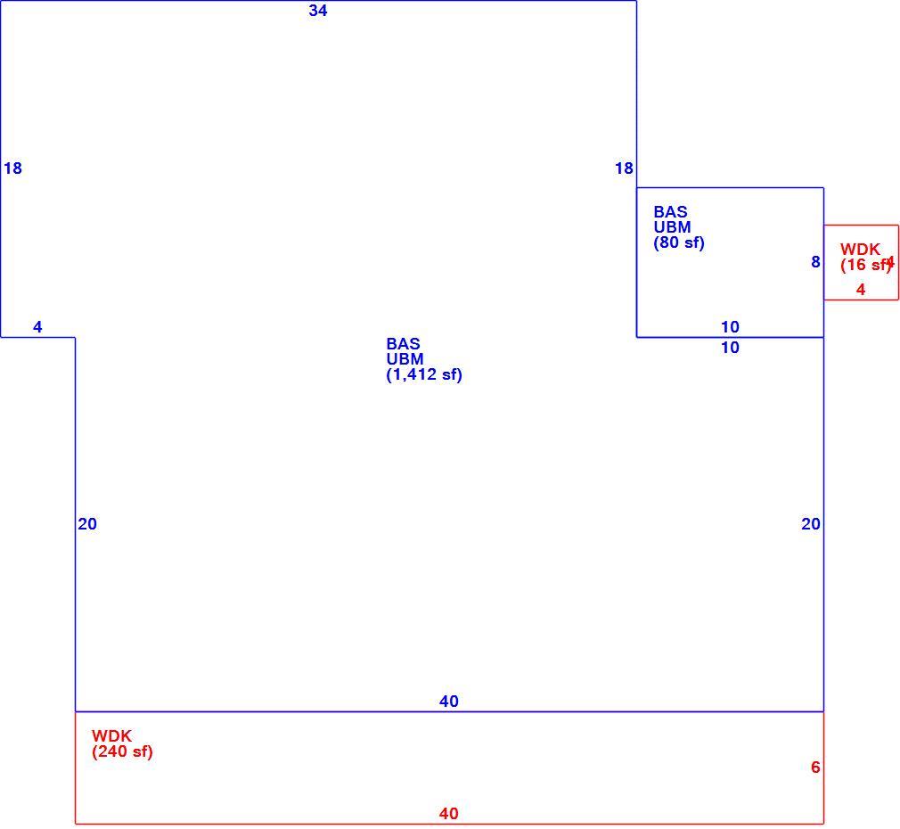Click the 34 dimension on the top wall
pyautogui.click(x=318, y=11)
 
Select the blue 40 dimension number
pyautogui.click(x=449, y=701)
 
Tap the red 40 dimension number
pyautogui.click(x=449, y=814)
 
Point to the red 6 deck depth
pyautogui.click(x=815, y=767)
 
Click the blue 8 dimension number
pyautogui.click(x=815, y=262)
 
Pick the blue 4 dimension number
pyautogui.click(x=38, y=326)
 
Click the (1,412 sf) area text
pyautogui.click(x=424, y=375)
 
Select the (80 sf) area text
pyautogui.click(x=679, y=242)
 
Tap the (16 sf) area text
pyautogui.click(x=865, y=265)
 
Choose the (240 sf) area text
pyautogui.click(x=122, y=751)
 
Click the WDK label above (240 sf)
pyautogui.click(x=112, y=736)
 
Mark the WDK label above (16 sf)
pyautogui.click(x=861, y=250)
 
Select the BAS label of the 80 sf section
pyautogui.click(x=670, y=212)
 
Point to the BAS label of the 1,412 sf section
pyautogui.click(x=403, y=344)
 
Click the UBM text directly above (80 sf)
pyautogui.click(x=672, y=227)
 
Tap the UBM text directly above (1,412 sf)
pyautogui.click(x=405, y=359)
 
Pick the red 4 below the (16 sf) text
pyautogui.click(x=861, y=290)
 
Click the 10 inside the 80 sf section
pyautogui.click(x=730, y=326)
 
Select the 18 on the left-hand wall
pyautogui.click(x=12, y=168)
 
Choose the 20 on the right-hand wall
pyautogui.click(x=811, y=523)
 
